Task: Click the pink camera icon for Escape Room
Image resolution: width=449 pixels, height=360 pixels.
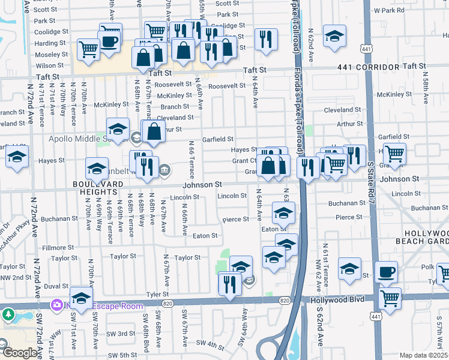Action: (57, 305)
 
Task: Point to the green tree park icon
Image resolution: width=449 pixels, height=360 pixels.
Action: (8, 314)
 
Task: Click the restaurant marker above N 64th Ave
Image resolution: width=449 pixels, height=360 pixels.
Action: (265, 38)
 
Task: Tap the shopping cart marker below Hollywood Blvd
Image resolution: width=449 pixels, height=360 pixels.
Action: (391, 298)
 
